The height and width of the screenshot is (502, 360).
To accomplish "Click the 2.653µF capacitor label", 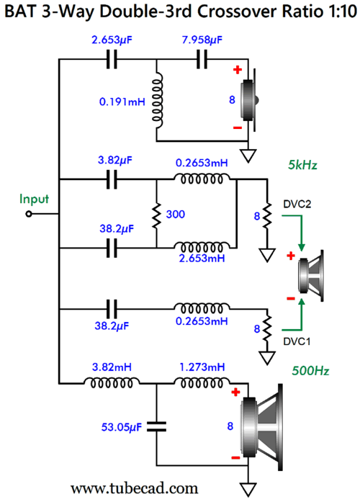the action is click(x=112, y=40).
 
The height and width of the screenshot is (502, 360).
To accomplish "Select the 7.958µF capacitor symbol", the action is click(x=202, y=59).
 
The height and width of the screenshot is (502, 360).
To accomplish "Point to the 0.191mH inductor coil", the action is click(x=157, y=100).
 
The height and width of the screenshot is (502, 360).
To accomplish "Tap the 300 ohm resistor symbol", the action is click(x=156, y=214).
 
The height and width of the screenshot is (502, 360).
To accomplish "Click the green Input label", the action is click(x=34, y=199).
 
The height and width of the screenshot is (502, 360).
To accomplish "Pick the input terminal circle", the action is click(x=29, y=214).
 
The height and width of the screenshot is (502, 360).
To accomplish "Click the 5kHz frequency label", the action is click(x=302, y=165).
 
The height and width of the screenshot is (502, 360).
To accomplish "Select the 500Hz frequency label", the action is click(x=310, y=371).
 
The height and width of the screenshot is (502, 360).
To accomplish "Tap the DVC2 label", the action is click(x=297, y=204).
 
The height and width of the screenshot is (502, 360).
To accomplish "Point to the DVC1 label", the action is click(x=297, y=341).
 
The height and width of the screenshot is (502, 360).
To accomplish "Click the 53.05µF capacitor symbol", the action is click(x=156, y=427).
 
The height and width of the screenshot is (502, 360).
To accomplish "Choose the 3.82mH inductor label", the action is click(x=112, y=367).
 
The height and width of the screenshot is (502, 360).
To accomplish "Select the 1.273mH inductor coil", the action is click(x=202, y=382).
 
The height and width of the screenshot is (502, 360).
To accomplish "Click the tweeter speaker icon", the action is click(x=250, y=100).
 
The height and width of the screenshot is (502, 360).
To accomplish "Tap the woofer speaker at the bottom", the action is click(x=262, y=427).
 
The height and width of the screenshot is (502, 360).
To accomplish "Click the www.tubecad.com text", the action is click(x=135, y=488).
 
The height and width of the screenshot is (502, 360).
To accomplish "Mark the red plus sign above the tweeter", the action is click(x=238, y=70).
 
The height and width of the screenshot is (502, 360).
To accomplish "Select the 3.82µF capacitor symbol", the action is click(x=112, y=179).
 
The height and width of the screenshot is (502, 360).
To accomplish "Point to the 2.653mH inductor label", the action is click(x=202, y=258).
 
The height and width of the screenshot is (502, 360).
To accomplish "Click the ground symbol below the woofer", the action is click(x=248, y=489).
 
